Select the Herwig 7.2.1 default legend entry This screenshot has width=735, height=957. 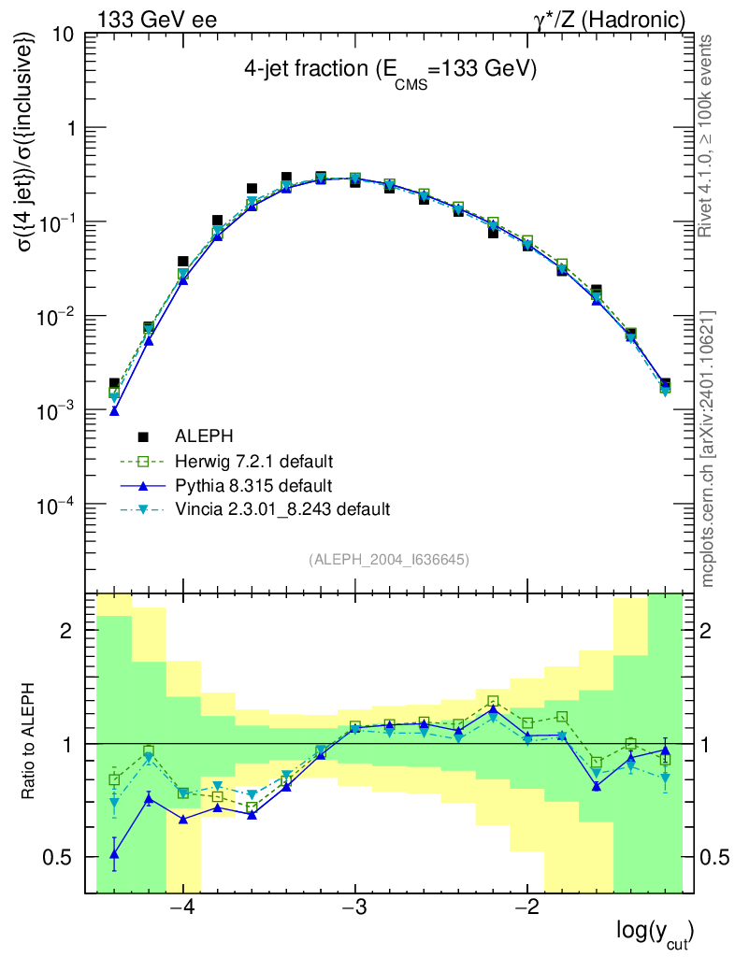[253, 461]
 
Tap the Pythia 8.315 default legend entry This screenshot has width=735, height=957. [253, 485]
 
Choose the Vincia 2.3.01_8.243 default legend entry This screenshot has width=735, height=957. [281, 509]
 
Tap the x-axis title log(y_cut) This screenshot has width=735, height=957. [655, 932]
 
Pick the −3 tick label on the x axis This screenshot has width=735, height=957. [354, 908]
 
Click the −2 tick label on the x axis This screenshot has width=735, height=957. [526, 908]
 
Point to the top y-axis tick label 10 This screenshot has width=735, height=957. [64, 35]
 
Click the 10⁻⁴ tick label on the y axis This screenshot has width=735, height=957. [56, 506]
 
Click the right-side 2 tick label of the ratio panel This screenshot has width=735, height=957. [707, 631]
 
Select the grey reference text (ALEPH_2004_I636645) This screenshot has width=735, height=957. [388, 559]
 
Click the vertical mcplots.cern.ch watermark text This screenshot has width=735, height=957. [708, 449]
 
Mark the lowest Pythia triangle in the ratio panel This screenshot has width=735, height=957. [114, 853]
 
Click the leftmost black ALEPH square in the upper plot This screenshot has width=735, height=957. [114, 384]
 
